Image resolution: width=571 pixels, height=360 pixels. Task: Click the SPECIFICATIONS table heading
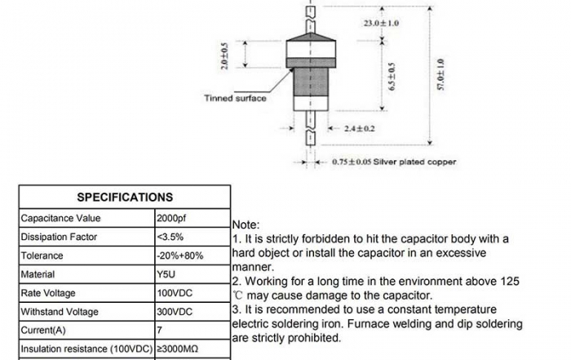(125, 197)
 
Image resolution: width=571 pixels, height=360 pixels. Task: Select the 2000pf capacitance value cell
(171, 218)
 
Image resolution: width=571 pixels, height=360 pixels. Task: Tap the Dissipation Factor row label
(59, 237)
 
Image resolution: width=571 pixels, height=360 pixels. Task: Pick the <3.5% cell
(170, 237)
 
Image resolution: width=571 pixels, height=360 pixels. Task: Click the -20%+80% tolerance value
(179, 256)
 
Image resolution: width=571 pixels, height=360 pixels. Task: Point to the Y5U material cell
(166, 274)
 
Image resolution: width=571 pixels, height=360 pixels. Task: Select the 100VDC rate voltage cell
(174, 293)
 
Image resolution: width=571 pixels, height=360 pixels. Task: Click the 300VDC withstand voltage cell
(174, 312)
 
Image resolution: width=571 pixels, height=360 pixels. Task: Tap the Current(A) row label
(45, 331)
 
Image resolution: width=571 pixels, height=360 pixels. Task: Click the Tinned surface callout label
(235, 99)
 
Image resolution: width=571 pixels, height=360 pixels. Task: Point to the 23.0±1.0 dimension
(381, 23)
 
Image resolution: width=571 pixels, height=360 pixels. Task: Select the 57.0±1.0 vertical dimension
(440, 74)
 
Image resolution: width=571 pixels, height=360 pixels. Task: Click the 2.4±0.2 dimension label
(359, 128)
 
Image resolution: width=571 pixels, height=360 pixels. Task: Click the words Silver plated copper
(416, 162)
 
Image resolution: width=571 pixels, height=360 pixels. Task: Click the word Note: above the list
(246, 224)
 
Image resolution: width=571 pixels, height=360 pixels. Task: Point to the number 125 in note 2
(509, 281)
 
